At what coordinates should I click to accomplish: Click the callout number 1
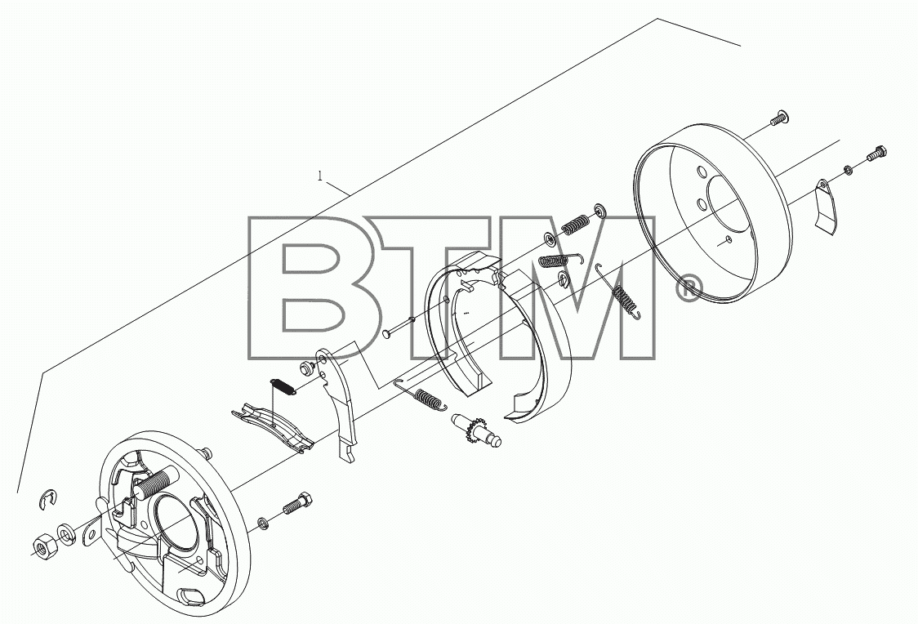319,176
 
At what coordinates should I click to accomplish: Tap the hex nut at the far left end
44,546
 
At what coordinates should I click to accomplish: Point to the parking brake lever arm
339,405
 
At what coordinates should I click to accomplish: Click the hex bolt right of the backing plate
297,503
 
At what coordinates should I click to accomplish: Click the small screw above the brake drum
778,118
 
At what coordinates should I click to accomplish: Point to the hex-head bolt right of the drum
876,154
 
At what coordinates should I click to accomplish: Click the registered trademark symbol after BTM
688,289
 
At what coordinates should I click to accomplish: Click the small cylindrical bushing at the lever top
306,369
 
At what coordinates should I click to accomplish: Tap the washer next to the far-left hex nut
65,534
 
